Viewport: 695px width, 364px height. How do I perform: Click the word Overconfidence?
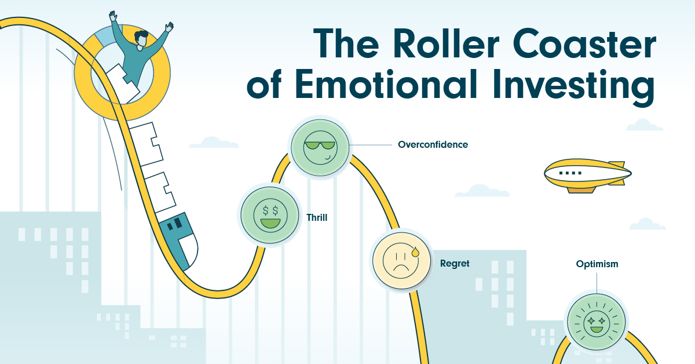(433, 145)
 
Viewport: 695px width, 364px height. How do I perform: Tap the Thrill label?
(317, 217)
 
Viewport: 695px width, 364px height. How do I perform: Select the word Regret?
(455, 264)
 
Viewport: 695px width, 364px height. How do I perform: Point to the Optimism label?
(597, 264)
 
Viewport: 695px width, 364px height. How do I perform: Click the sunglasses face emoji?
(320, 147)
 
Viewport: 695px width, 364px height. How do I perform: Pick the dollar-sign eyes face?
(270, 215)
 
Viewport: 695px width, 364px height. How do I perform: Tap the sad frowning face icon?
(401, 260)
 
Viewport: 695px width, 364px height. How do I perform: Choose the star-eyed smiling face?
(597, 322)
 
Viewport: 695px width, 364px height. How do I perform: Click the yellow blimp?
(588, 176)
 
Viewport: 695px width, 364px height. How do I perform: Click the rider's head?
(141, 39)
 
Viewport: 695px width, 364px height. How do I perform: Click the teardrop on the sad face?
(415, 252)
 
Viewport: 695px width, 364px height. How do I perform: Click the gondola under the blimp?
(581, 190)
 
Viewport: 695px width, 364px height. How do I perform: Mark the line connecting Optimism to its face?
(597, 283)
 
